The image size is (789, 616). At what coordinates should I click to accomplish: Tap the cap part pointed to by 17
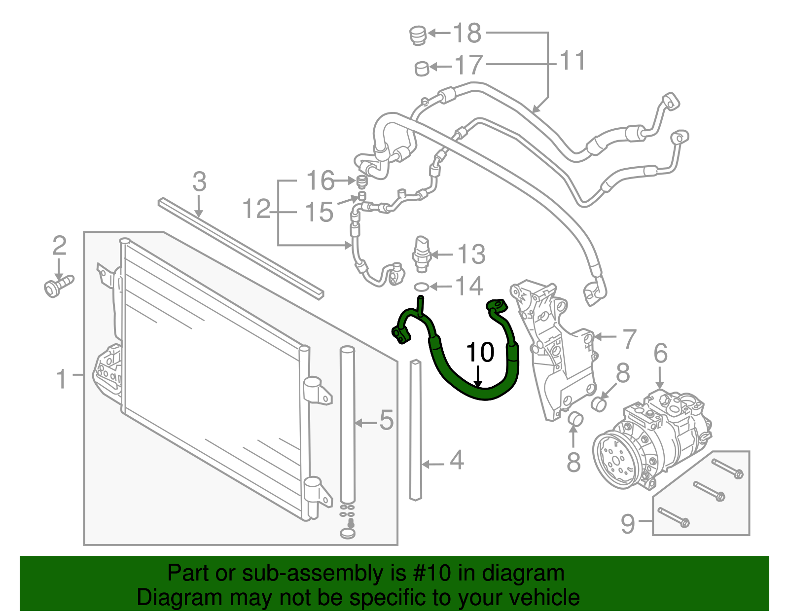pyautogui.click(x=422, y=68)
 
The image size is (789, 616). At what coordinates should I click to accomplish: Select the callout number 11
pyautogui.click(x=572, y=61)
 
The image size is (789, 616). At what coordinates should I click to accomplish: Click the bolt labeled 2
pyautogui.click(x=58, y=287)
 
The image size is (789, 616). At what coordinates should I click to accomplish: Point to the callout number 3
pyautogui.click(x=199, y=182)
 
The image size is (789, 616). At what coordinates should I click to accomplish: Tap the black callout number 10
pyautogui.click(x=479, y=352)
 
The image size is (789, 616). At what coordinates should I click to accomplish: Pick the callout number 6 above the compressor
pyautogui.click(x=660, y=354)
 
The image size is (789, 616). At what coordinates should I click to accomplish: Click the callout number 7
pyautogui.click(x=629, y=339)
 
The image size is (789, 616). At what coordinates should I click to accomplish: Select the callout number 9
pyautogui.click(x=627, y=523)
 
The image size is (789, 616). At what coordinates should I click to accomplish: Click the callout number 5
pyautogui.click(x=386, y=420)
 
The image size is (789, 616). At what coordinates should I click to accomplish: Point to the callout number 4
pyautogui.click(x=457, y=460)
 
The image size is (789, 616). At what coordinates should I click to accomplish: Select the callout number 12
pyautogui.click(x=256, y=209)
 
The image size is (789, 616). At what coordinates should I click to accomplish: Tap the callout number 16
pyautogui.click(x=320, y=181)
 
